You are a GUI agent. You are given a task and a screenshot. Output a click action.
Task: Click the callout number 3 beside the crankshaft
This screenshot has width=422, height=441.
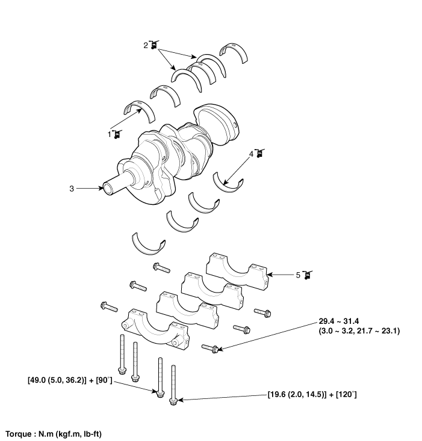[x=72, y=189]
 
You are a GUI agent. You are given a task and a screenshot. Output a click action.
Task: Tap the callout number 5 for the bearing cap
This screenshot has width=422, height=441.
[x=298, y=275]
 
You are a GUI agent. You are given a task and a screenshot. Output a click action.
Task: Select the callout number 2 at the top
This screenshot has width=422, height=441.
[x=145, y=45]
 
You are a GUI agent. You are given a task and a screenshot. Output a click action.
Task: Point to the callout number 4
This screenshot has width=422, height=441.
[x=251, y=154]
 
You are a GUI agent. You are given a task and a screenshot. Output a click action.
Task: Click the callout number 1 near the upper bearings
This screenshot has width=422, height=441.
[x=110, y=135]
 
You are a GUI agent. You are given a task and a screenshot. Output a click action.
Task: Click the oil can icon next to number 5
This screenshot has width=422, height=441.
[x=308, y=275]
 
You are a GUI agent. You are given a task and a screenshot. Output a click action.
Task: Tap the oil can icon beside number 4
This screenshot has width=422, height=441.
[x=259, y=153]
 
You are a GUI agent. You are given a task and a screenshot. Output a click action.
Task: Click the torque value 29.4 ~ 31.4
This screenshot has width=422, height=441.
[x=338, y=321]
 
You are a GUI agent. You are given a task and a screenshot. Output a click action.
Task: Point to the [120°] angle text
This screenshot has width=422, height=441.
[x=346, y=395]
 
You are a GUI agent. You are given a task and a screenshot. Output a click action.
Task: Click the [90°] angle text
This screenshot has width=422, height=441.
[x=104, y=380]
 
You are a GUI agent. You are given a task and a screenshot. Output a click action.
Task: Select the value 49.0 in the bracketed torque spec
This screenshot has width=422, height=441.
[x=39, y=380]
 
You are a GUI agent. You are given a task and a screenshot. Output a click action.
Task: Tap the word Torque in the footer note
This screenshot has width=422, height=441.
[x=19, y=434]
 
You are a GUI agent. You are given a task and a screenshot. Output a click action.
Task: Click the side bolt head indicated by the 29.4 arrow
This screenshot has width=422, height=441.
[x=215, y=350]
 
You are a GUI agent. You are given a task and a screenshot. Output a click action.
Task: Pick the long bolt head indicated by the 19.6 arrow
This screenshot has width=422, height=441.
[x=173, y=401]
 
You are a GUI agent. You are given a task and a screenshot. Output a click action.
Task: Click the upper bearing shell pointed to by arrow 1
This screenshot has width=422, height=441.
[x=139, y=111]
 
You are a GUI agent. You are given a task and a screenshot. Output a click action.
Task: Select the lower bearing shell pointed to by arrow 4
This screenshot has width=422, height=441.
[x=228, y=183]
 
